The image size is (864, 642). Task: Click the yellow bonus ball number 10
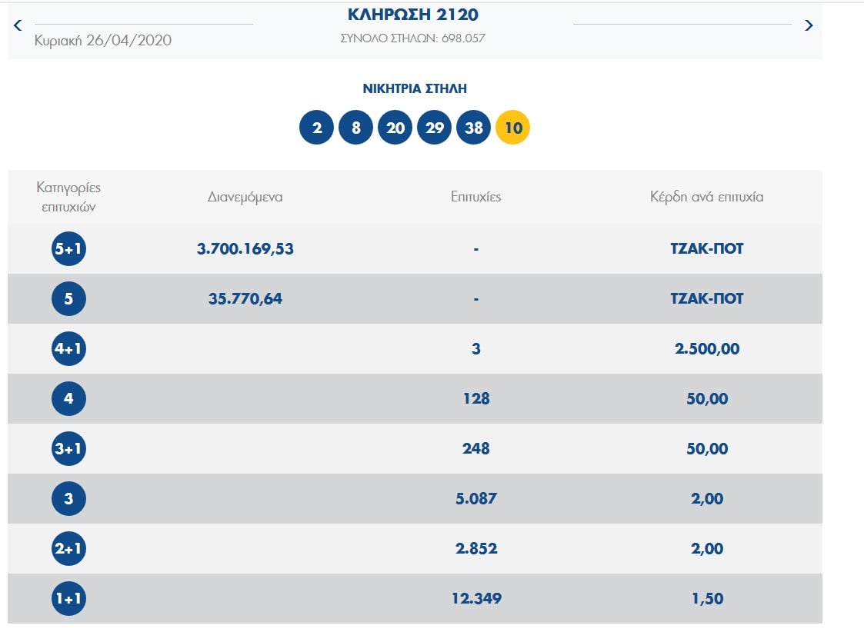513,128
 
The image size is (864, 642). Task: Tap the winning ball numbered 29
435,128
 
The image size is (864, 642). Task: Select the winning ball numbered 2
316,128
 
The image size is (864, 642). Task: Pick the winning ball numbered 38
474,128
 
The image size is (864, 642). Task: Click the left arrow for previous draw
18,25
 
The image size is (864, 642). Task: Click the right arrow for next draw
808,25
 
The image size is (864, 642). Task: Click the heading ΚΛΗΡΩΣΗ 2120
413,15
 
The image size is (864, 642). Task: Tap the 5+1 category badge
68,249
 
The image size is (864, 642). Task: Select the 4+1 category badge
68,349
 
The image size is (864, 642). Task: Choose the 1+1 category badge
68,598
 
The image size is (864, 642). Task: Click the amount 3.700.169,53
245,249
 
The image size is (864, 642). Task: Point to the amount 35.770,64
245,298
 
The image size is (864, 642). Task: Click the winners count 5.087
476,498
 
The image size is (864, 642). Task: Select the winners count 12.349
476,598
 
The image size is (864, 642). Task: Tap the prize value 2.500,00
707,349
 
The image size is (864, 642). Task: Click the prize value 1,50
707,598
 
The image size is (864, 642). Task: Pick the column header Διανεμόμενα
245,197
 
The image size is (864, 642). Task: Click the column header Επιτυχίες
476,197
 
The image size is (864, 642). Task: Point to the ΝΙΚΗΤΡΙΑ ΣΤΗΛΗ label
415,89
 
